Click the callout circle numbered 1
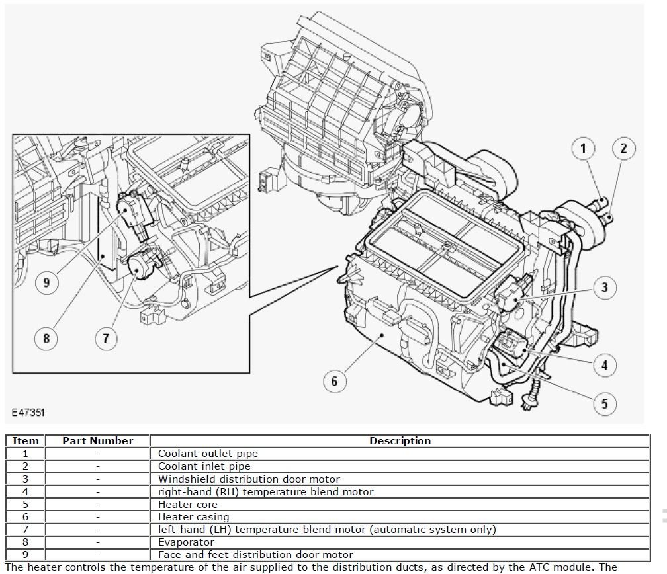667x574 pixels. point(583,148)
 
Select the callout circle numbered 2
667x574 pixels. point(623,148)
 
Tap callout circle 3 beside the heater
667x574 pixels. point(604,287)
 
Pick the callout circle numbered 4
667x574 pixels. point(604,364)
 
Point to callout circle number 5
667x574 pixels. point(604,403)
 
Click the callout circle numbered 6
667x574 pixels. point(335,381)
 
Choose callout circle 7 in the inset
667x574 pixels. point(105,339)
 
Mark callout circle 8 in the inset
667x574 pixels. point(46,339)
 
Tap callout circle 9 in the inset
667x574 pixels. point(46,283)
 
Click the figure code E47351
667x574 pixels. point(28,412)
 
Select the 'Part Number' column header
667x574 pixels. point(98,441)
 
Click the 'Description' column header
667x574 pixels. point(400,441)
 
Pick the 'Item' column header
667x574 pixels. point(26,441)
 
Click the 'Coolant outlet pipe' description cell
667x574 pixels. point(208,454)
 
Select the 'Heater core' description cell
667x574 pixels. point(187,505)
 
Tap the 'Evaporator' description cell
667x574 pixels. point(186,542)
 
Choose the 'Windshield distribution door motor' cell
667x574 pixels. point(249,479)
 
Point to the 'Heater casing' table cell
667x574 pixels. point(193,517)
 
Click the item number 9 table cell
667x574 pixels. point(26,555)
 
